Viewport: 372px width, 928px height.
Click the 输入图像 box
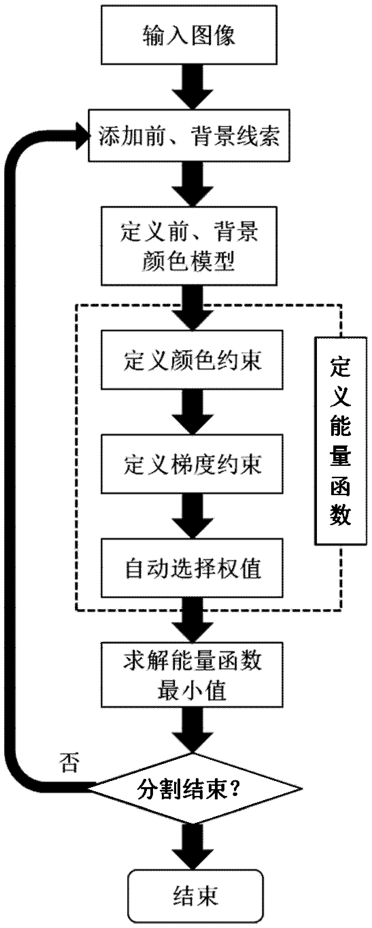coord(189,35)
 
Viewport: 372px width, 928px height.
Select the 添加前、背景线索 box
coord(189,135)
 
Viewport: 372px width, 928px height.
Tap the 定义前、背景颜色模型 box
coord(189,246)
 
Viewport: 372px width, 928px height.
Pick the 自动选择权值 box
coord(192,568)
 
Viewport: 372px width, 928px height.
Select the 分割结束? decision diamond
coord(194,789)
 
